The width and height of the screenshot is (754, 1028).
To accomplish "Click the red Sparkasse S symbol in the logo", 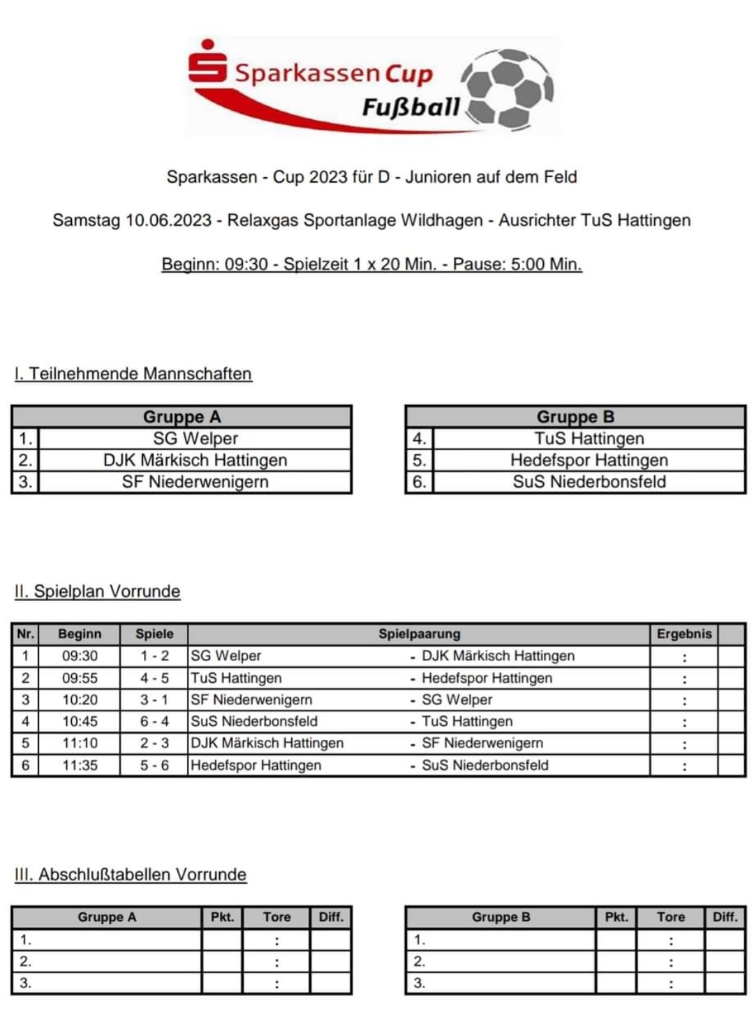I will click(x=207, y=63).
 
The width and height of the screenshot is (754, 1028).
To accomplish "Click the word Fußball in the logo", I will click(x=411, y=107).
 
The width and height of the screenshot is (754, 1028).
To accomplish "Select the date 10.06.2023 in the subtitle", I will click(x=168, y=220).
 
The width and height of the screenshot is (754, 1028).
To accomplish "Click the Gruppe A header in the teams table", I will click(x=182, y=417).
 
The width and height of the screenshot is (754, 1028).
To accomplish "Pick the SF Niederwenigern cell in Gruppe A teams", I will click(x=195, y=482).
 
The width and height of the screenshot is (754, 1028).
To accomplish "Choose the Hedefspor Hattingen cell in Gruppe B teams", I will click(x=589, y=460).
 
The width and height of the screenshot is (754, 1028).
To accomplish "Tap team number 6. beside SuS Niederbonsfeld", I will click(x=419, y=482).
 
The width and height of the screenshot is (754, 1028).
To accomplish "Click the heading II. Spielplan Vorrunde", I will click(x=97, y=591).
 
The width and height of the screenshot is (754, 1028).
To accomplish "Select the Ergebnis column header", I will click(x=683, y=634).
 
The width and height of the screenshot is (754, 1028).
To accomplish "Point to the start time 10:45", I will click(x=80, y=722).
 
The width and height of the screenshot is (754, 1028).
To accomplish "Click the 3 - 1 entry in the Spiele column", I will click(x=154, y=700).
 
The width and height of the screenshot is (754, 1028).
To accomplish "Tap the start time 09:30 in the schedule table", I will click(x=80, y=656).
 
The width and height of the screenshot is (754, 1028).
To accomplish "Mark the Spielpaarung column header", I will click(x=419, y=634).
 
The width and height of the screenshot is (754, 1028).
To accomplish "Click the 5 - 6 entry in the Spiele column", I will click(x=154, y=765).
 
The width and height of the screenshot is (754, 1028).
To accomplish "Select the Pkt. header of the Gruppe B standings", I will click(x=616, y=917).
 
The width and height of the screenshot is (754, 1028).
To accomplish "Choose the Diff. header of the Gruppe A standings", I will click(x=331, y=917).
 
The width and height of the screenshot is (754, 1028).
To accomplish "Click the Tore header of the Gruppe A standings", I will click(x=276, y=917).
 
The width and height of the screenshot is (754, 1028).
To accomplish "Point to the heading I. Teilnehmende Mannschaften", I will click(x=133, y=374).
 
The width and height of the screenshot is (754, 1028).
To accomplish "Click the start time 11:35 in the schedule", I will click(x=80, y=765).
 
